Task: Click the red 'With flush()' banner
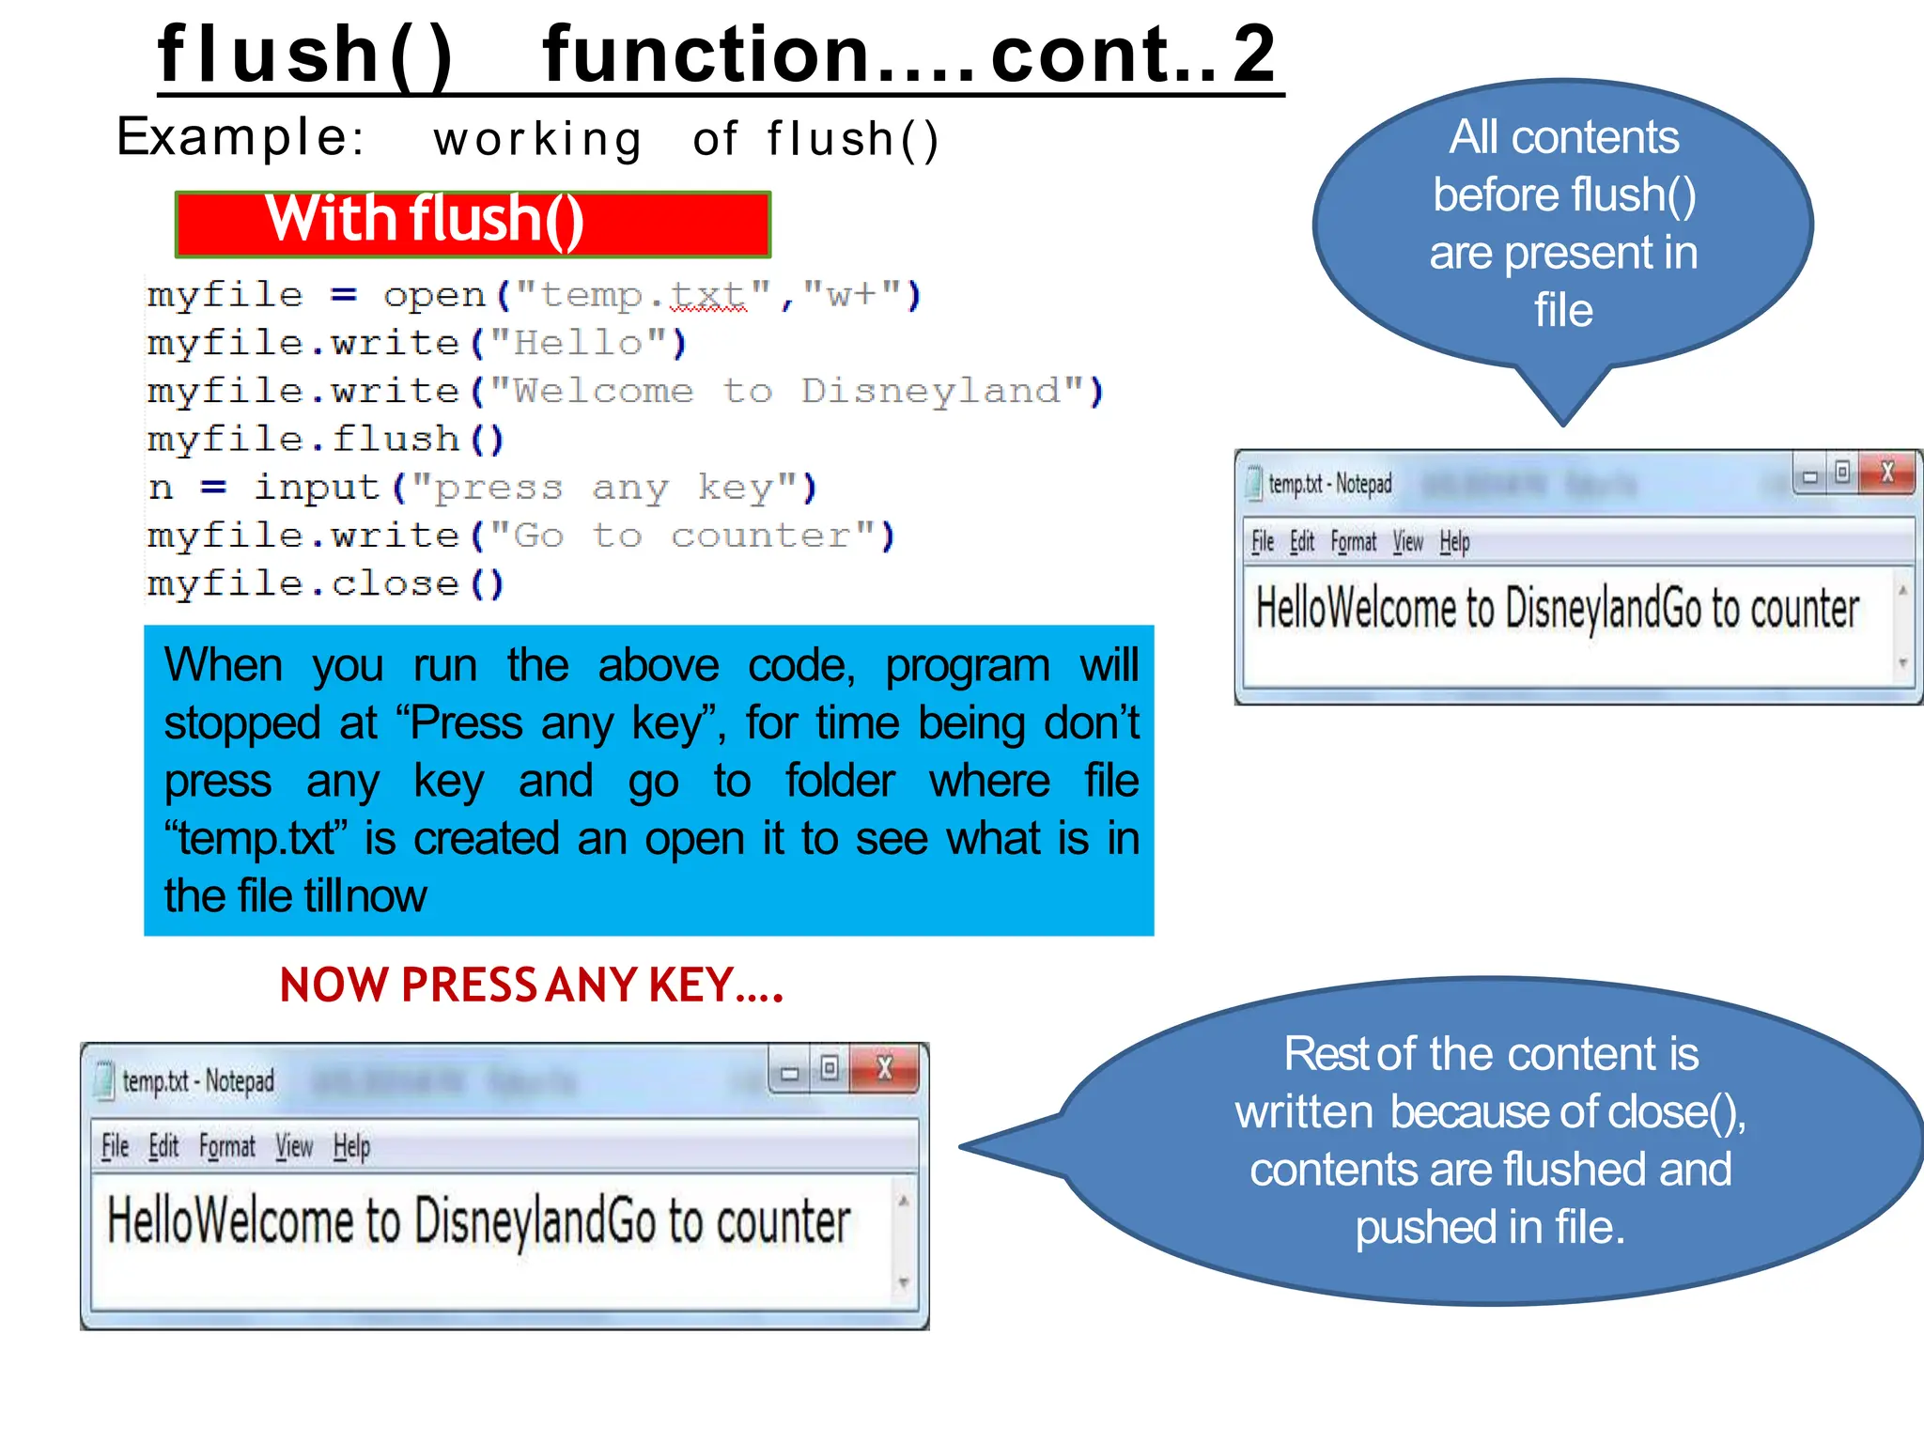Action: tap(472, 224)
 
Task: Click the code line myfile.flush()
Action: tap(326, 440)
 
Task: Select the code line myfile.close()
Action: tap(326, 584)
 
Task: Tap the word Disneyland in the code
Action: tap(930, 391)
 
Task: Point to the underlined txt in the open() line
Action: tap(708, 296)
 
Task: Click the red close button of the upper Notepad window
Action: tap(1886, 473)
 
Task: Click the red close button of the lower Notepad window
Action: tap(884, 1069)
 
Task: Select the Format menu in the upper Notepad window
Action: tap(1353, 542)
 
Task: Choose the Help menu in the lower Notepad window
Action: tap(351, 1147)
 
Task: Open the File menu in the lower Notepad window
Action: tap(115, 1147)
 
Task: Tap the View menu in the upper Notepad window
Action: tap(1407, 542)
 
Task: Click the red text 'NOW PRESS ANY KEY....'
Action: tap(531, 985)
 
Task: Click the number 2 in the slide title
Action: tap(1254, 54)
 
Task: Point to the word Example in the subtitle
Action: tap(233, 137)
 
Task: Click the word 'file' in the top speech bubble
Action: tap(1563, 311)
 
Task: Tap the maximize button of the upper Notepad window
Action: tap(1842, 473)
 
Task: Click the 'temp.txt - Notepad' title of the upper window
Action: tap(1329, 485)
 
